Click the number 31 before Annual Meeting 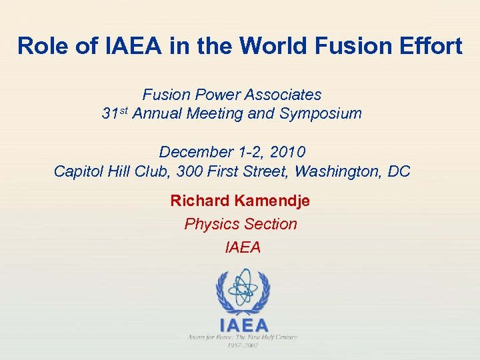click(109, 113)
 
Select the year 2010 click(288, 152)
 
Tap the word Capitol click(79, 171)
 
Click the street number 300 click(188, 171)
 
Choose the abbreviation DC click(399, 171)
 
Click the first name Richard click(197, 201)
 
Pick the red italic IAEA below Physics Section click(243, 247)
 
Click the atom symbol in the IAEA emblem click(243, 288)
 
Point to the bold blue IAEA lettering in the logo click(244, 325)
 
